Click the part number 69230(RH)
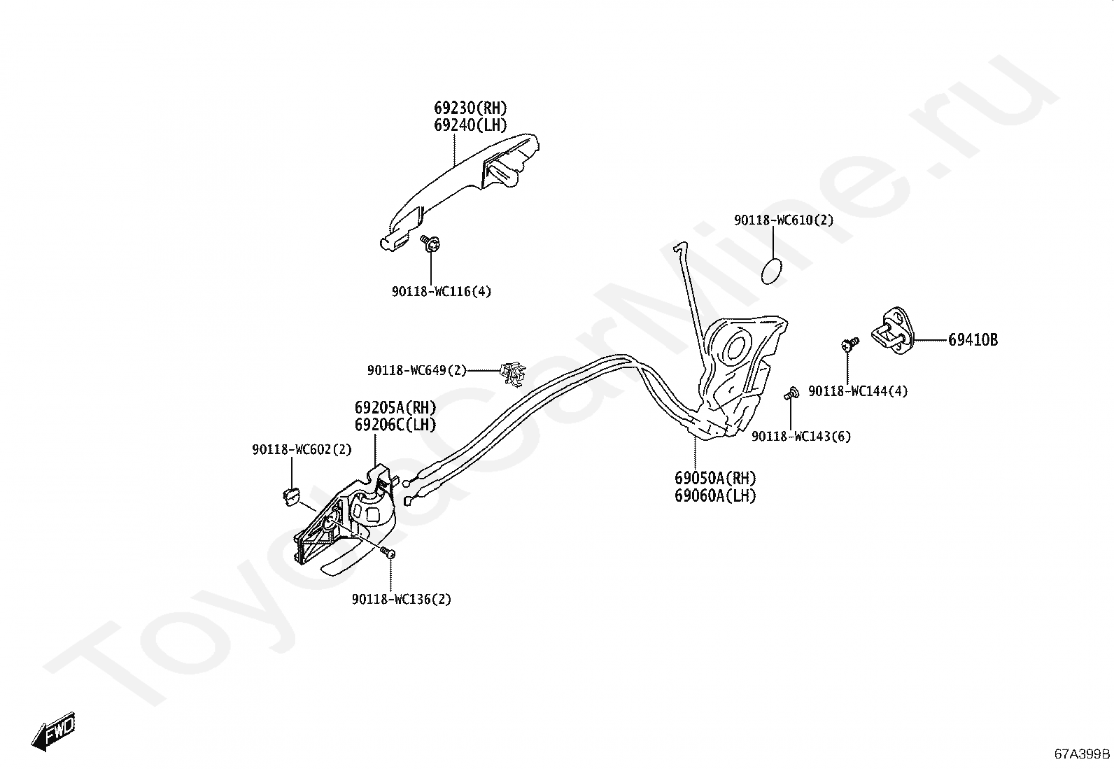tap(470, 108)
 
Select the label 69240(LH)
tap(470, 125)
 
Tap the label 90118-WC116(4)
tap(441, 292)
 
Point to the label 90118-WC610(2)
tap(784, 220)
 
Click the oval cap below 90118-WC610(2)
tap(770, 270)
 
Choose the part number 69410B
tap(973, 341)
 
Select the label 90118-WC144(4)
tap(858, 392)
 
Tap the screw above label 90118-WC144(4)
tap(849, 344)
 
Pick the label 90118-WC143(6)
tap(801, 437)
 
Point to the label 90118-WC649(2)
tap(416, 370)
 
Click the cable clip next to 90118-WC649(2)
tap(513, 374)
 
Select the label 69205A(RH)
tap(395, 408)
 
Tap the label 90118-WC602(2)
tap(302, 450)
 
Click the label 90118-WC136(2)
tap(402, 600)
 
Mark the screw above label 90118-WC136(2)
tap(388, 553)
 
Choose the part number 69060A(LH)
tap(715, 496)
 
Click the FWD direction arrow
tap(53, 732)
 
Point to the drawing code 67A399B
tap(1083, 754)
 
